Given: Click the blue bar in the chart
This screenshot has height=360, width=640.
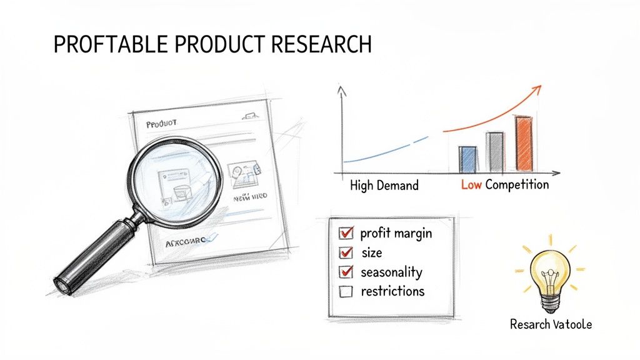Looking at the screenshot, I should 467,159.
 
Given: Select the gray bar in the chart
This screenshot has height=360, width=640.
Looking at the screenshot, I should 494,152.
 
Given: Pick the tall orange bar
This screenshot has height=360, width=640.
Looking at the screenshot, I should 524,144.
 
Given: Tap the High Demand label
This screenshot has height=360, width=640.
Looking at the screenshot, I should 384,186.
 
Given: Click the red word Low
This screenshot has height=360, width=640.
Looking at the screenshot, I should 471,185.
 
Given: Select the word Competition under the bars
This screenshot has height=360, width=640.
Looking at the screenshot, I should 517,185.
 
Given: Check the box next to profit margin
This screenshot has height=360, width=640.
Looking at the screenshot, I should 345,234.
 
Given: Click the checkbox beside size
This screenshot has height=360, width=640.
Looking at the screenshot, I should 345,253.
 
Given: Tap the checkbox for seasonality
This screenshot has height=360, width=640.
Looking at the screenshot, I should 345,272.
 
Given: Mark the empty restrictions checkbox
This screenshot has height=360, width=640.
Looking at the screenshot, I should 345,291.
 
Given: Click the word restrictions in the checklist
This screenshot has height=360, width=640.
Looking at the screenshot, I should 392,291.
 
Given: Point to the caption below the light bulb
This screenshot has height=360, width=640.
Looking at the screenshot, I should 550,325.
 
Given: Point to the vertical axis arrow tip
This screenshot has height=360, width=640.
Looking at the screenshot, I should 341,89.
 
